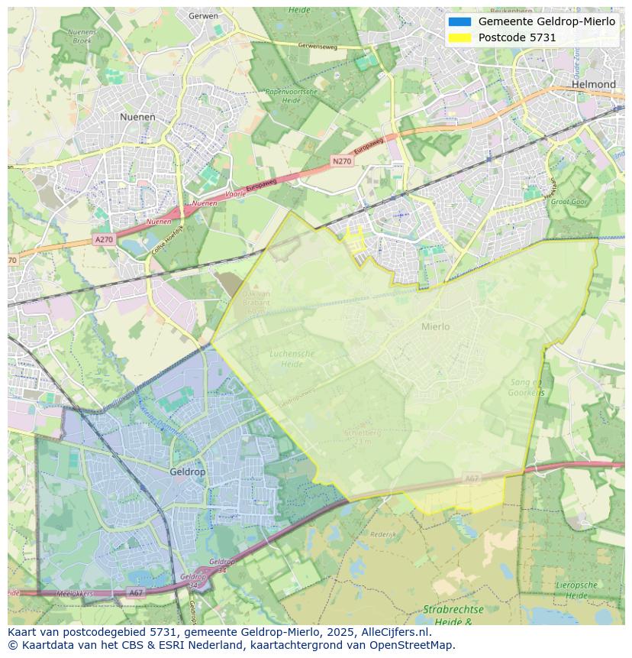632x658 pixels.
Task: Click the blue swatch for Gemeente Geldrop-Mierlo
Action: click(x=460, y=21)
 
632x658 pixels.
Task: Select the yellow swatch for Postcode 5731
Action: click(x=460, y=37)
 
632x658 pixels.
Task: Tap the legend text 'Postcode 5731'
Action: click(x=517, y=37)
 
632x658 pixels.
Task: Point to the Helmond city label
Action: click(x=593, y=84)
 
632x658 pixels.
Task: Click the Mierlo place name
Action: click(x=435, y=326)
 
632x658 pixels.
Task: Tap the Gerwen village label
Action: click(x=203, y=15)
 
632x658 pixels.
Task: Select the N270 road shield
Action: click(x=342, y=161)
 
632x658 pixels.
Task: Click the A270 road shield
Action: click(x=104, y=240)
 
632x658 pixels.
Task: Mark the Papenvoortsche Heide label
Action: click(x=291, y=96)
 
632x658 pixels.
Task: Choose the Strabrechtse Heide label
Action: click(x=453, y=616)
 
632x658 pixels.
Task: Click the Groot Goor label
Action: click(x=569, y=202)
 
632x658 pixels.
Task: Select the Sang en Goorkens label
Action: click(x=527, y=387)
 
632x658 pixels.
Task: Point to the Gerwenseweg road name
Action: click(x=318, y=45)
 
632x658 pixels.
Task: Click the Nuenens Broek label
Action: click(x=82, y=36)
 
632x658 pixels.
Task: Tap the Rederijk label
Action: click(x=382, y=534)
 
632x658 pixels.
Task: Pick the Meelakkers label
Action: click(x=76, y=593)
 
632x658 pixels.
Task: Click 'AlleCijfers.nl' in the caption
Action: click(x=394, y=632)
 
